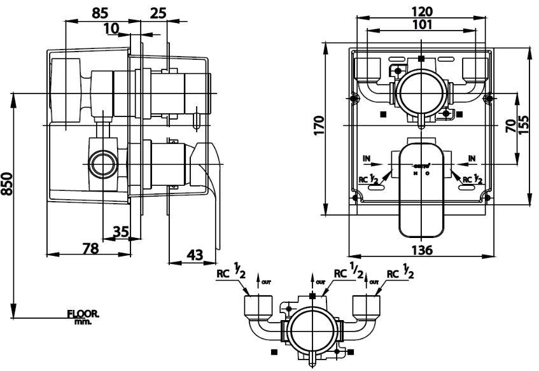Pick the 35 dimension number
[121, 231]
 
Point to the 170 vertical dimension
[319, 125]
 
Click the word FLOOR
[83, 314]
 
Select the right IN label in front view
[472, 157]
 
